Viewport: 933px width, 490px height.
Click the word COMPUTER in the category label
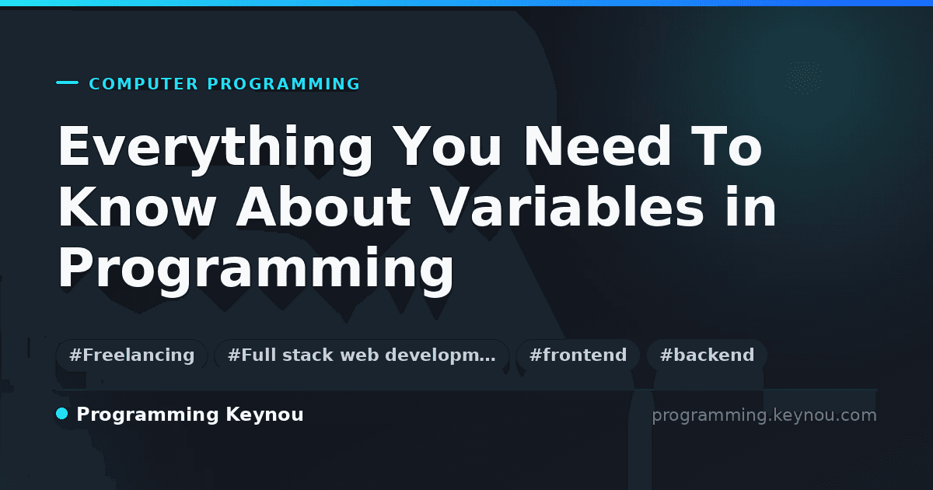click(144, 84)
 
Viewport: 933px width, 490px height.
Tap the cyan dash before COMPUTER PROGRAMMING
click(67, 82)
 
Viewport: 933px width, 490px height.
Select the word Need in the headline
click(597, 146)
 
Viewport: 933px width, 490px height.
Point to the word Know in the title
click(137, 207)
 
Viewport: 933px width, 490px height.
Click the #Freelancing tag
click(131, 355)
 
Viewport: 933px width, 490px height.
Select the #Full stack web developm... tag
click(362, 355)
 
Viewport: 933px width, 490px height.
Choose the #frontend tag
click(578, 355)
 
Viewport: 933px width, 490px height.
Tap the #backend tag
click(707, 355)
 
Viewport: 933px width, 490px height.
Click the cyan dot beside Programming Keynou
click(61, 414)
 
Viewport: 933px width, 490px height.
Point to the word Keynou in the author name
click(264, 415)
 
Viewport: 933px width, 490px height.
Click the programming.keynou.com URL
click(764, 415)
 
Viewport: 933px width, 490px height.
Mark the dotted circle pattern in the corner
click(803, 78)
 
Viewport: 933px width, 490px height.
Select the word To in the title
click(726, 146)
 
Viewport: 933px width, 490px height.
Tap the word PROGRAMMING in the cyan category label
click(283, 84)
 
